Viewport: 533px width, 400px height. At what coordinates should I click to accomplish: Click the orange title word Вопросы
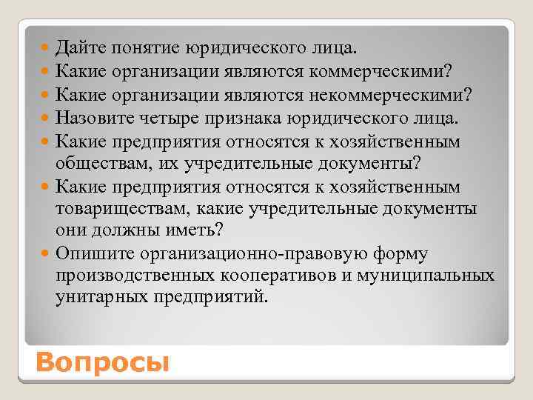point(102,363)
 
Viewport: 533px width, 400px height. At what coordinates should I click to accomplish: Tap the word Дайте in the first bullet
point(81,49)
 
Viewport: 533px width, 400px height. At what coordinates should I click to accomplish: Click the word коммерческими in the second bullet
point(390,72)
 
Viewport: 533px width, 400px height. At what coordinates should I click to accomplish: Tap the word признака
point(244,117)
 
